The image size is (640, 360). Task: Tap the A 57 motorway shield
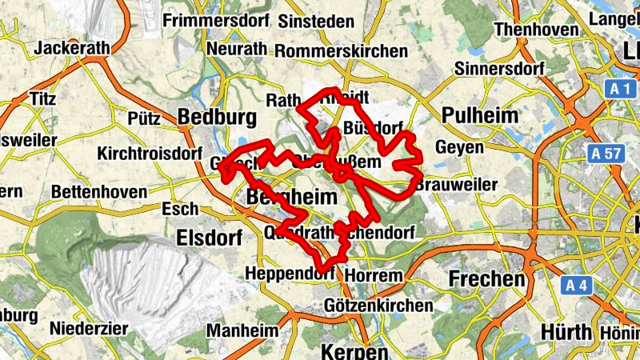point(607,152)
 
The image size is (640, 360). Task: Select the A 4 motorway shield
point(575,285)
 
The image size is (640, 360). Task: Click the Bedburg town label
point(218,118)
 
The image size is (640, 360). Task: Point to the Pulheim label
point(480,115)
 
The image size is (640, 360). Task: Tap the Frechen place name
point(487,279)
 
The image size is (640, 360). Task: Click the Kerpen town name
point(354,351)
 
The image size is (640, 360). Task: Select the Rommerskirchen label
point(341,50)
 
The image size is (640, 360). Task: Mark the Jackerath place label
point(71,48)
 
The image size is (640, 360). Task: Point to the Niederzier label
point(89,328)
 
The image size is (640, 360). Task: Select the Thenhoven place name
point(536,30)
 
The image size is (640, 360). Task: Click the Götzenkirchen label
point(378,305)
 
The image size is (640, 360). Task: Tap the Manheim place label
point(242,330)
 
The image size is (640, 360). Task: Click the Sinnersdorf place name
point(499,69)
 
